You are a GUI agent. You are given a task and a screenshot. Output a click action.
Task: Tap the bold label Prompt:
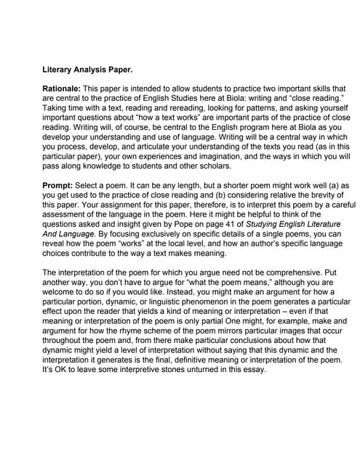point(59,186)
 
